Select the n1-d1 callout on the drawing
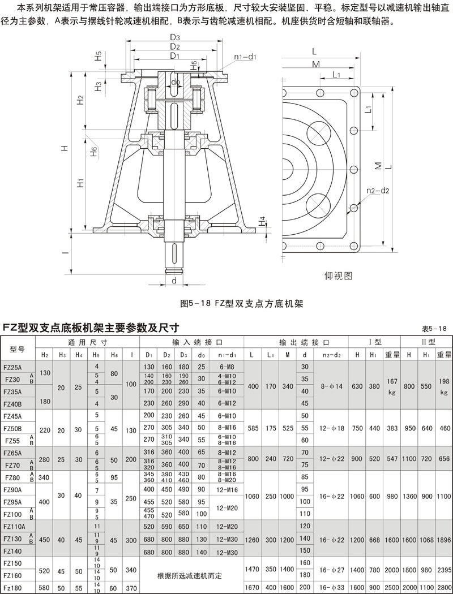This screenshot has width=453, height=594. [x=246, y=57]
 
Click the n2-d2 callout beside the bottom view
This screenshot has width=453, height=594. [x=377, y=191]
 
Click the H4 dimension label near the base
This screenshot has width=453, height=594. [x=262, y=219]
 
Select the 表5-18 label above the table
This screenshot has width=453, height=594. [x=435, y=329]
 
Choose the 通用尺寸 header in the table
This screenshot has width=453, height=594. [x=88, y=342]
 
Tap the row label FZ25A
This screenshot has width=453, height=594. [x=13, y=367]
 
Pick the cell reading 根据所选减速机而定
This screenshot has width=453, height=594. [x=192, y=576]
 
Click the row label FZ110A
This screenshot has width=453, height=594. [x=15, y=526]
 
